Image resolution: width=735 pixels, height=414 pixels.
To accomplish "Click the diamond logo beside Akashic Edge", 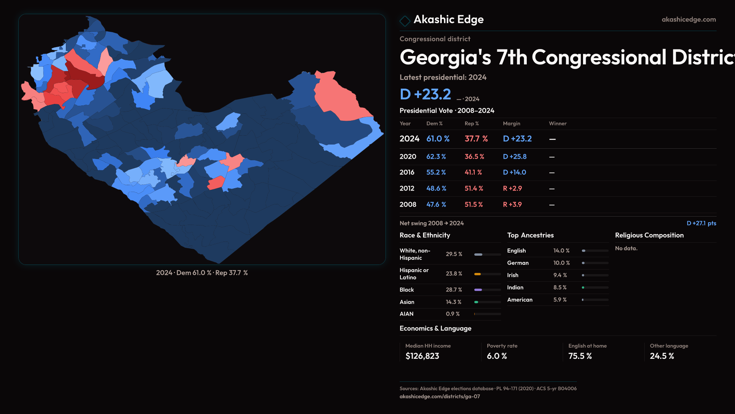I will pyautogui.click(x=405, y=21).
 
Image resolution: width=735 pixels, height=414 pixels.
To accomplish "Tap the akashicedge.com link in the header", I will pyautogui.click(x=688, y=20).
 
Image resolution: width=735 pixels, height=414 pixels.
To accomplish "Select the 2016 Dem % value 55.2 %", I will pyautogui.click(x=436, y=172).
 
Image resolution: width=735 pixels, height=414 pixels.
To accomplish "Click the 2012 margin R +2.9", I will pyautogui.click(x=512, y=189).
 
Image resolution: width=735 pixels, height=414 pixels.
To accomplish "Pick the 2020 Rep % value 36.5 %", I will pyautogui.click(x=474, y=157).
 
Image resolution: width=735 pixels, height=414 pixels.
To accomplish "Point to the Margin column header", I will pyautogui.click(x=511, y=123).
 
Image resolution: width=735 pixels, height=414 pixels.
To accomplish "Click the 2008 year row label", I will pyautogui.click(x=408, y=205).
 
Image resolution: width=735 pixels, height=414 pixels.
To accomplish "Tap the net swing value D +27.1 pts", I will pyautogui.click(x=701, y=223).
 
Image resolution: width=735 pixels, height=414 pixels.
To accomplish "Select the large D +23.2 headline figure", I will pyautogui.click(x=425, y=94).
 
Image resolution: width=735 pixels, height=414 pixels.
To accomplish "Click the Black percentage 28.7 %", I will pyautogui.click(x=454, y=290).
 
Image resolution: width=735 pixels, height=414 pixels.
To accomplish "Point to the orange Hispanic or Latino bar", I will pyautogui.click(x=477, y=274).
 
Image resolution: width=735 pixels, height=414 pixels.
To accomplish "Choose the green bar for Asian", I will pyautogui.click(x=476, y=302).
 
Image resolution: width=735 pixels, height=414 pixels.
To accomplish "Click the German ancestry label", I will pyautogui.click(x=518, y=263).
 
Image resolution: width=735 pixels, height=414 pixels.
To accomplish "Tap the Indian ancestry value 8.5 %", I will pyautogui.click(x=560, y=287).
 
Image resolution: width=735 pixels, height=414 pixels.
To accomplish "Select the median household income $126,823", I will pyautogui.click(x=422, y=356).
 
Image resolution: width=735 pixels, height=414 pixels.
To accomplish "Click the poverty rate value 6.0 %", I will pyautogui.click(x=497, y=356).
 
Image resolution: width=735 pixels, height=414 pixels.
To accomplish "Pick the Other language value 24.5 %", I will pyautogui.click(x=661, y=356).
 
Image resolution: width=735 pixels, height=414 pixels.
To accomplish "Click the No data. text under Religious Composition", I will pyautogui.click(x=626, y=248).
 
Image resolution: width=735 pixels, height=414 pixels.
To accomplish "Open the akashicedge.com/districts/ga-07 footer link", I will pyautogui.click(x=439, y=396).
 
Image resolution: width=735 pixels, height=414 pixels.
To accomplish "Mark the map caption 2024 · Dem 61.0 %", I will pyautogui.click(x=184, y=273).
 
